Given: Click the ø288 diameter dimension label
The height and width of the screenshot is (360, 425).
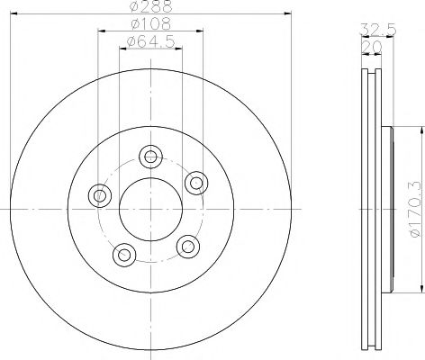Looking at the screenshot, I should pos(149,7).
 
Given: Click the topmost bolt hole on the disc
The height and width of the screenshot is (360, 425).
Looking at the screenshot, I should pos(150,156).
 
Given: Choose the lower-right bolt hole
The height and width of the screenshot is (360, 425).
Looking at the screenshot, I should pos(186,246).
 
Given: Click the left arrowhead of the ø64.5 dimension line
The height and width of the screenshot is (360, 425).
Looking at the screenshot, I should pos(119,49).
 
